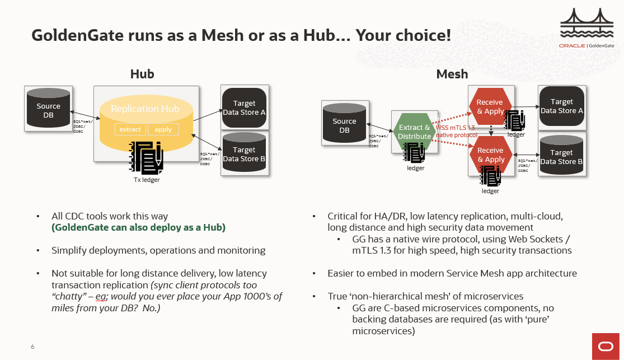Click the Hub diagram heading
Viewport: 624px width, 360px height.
point(142,74)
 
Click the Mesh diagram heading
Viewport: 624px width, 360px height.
point(452,74)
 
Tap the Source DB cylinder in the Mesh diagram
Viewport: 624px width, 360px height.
point(344,125)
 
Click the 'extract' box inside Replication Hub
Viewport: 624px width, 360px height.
point(130,129)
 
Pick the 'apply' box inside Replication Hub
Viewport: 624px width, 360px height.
point(163,129)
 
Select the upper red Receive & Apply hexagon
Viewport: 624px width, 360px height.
point(490,106)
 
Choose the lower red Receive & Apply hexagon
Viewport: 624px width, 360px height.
point(490,155)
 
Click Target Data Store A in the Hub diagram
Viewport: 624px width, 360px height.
point(244,107)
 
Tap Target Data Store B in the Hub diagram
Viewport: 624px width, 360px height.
point(244,154)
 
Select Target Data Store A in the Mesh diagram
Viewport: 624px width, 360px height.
point(561,106)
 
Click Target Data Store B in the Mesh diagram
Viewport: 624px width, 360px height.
point(561,157)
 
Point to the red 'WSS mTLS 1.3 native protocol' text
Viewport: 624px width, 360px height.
point(456,132)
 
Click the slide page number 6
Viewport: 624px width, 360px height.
point(32,347)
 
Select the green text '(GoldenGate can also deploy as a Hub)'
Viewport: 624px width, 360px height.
point(139,227)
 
